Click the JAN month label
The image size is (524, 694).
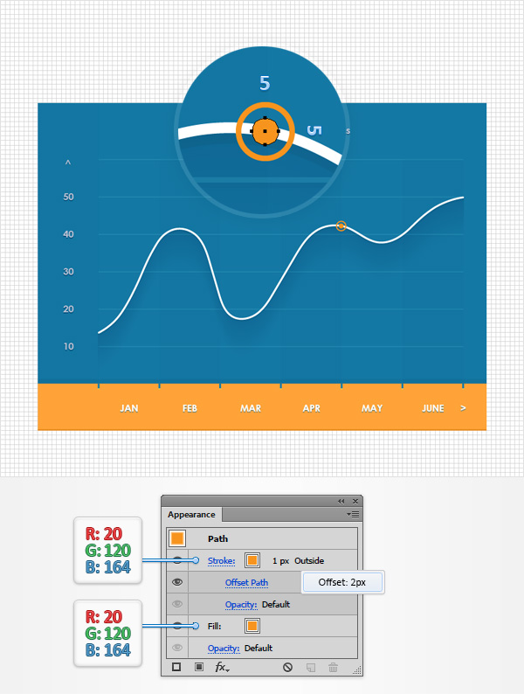pos(129,408)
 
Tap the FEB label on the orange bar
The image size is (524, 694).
pos(190,408)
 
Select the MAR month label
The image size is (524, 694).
pos(251,408)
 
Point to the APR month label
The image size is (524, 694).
pos(312,408)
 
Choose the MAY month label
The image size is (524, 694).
pos(372,408)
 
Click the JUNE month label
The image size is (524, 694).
pos(433,408)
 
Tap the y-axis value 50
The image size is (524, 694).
pos(68,197)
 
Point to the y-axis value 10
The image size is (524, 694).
pos(68,346)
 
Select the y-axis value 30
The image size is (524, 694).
pos(68,272)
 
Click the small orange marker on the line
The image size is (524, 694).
pos(341,226)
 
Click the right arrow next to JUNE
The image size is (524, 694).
pos(463,408)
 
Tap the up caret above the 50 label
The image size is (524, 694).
pos(68,163)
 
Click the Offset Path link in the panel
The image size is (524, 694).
pos(246,582)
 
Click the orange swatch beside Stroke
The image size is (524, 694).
pos(252,560)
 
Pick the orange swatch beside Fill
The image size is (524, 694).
pos(252,626)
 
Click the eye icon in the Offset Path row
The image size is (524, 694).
pos(177,582)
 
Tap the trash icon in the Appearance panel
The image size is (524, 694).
pos(333,667)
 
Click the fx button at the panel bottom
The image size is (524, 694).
pos(221,667)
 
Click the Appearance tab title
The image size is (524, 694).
pos(190,515)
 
